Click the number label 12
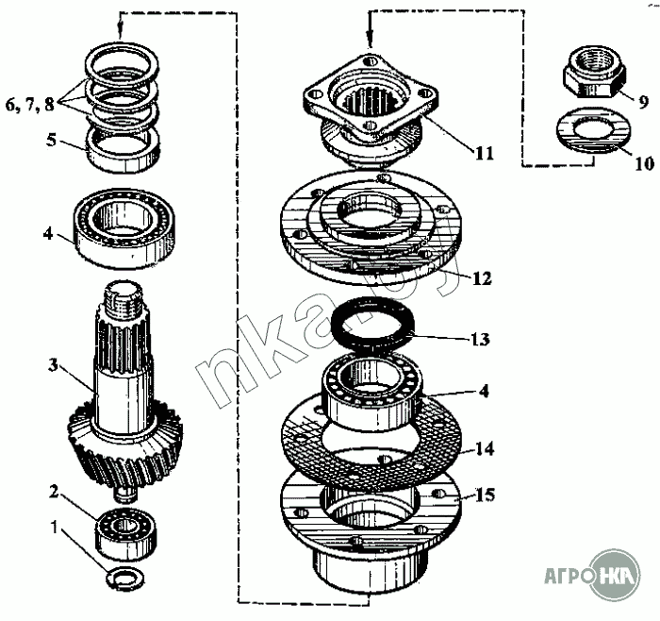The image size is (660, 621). [x=482, y=279]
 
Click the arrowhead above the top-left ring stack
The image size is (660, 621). [x=121, y=31]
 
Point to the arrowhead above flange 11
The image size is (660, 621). [x=371, y=40]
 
